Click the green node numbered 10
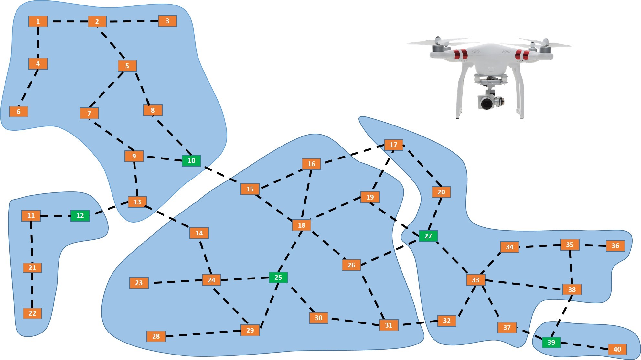coord(191,161)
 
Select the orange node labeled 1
coord(38,22)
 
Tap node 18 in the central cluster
coord(301,225)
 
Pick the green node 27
coord(428,236)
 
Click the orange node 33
coord(475,280)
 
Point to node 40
coord(617,349)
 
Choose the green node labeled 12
coord(80,216)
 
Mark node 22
coord(32,313)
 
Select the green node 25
coord(278,278)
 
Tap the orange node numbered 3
coord(167,21)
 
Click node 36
coord(615,246)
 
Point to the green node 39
coord(551,342)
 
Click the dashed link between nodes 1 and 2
coord(68,22)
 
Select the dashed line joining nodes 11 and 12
coord(56,216)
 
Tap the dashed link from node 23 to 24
coord(176,282)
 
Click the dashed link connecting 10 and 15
coord(221,175)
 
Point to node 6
coord(19,112)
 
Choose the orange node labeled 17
coord(393,145)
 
